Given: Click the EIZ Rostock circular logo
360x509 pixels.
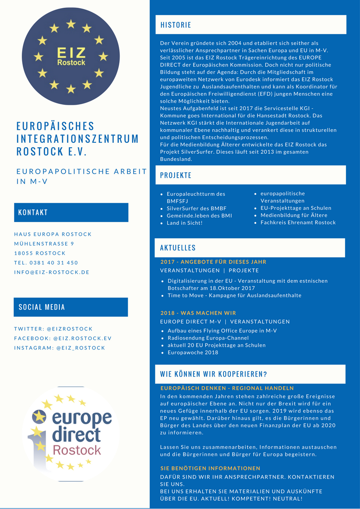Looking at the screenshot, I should click(x=71, y=57).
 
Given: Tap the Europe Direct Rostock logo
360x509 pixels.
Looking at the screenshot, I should click(x=71, y=434).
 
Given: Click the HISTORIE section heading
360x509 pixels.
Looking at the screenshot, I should click(x=176, y=25).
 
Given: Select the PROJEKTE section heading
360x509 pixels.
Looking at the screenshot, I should click(x=176, y=175).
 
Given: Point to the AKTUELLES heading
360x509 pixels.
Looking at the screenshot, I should click(x=178, y=247).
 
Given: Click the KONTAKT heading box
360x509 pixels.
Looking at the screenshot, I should click(x=71, y=212).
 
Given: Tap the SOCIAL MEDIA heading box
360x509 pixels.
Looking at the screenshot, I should click(x=71, y=307).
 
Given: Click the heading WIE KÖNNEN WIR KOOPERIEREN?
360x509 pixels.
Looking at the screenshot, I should click(x=214, y=374).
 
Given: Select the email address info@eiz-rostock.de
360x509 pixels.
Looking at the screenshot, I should click(x=52, y=272).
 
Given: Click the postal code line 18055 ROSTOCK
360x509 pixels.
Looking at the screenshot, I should click(x=40, y=253).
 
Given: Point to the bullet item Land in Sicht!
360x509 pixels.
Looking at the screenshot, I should click(x=185, y=223).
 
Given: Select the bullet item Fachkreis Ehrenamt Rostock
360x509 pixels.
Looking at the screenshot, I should click(x=298, y=223).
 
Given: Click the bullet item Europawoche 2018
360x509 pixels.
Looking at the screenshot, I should click(x=193, y=352).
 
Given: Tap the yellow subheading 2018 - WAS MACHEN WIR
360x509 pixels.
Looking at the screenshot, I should click(x=198, y=313).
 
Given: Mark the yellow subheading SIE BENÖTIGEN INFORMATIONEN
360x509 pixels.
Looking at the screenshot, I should click(x=210, y=468).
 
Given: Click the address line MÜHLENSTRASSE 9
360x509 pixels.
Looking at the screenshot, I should click(x=44, y=243).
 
